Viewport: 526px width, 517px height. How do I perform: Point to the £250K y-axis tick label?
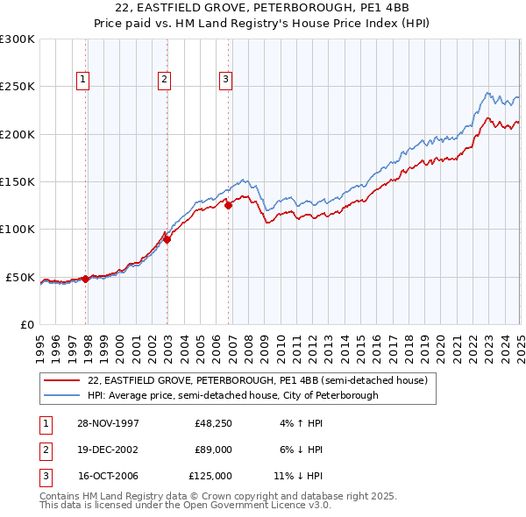tap(18, 87)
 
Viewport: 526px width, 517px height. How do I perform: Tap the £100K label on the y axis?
tap(18, 230)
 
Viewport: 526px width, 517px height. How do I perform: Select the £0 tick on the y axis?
tap(26, 324)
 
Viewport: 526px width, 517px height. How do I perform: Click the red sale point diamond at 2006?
tap(229, 206)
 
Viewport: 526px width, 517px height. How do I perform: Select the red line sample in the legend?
tap(62, 380)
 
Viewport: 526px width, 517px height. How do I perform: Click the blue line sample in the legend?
tap(62, 395)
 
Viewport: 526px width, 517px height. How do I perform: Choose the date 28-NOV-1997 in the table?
tap(108, 423)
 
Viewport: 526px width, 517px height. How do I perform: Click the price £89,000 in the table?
tap(213, 450)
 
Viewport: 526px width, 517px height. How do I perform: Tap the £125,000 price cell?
tap(210, 476)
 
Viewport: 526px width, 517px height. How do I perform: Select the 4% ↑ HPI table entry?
tap(302, 423)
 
